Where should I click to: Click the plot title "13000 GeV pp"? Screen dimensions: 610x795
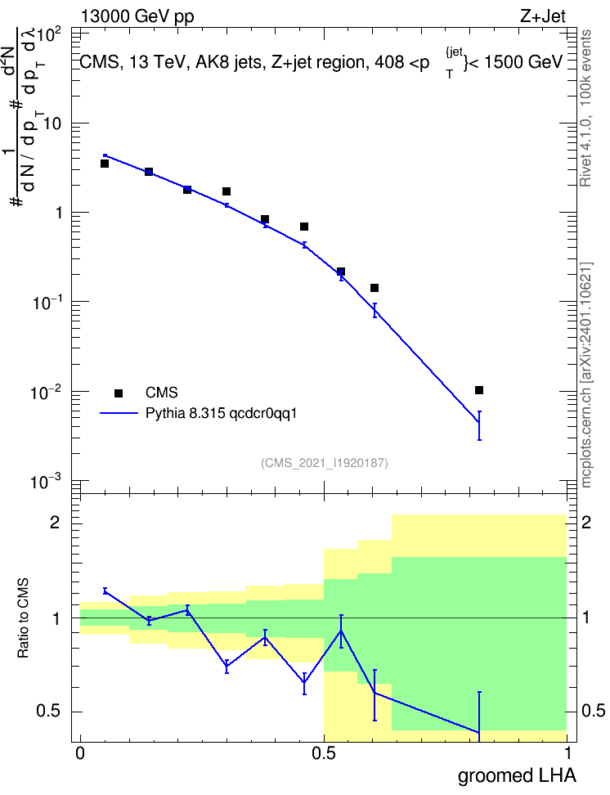(x=137, y=16)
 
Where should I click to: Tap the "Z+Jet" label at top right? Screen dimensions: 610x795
(x=543, y=16)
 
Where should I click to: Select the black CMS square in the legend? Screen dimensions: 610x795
(x=119, y=393)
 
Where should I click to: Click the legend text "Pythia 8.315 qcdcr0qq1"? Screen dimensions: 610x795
(x=221, y=414)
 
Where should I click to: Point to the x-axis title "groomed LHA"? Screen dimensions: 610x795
(x=518, y=776)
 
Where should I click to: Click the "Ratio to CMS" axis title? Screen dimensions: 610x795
(x=23, y=618)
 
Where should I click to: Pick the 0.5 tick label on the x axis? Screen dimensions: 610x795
(x=324, y=753)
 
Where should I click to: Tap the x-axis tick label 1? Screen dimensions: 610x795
(x=568, y=753)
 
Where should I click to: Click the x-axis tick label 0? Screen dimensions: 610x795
(x=80, y=753)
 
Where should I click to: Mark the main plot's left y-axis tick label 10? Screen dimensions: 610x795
(x=52, y=124)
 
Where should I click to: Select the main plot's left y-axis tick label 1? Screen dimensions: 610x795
(x=58, y=213)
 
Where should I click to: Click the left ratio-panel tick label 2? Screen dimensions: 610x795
(x=55, y=522)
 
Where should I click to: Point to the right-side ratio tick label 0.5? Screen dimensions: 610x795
(x=594, y=711)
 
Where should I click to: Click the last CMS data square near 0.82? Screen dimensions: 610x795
(x=479, y=390)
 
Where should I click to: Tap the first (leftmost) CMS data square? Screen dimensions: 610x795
(x=105, y=164)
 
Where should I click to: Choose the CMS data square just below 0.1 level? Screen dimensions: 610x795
(x=375, y=288)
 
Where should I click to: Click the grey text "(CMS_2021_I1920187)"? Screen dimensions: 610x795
(x=325, y=463)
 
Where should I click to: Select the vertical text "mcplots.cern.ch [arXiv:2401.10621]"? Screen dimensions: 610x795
(x=586, y=375)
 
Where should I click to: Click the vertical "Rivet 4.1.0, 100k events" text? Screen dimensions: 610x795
(x=585, y=109)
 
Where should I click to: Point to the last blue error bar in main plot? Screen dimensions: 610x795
(x=479, y=425)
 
